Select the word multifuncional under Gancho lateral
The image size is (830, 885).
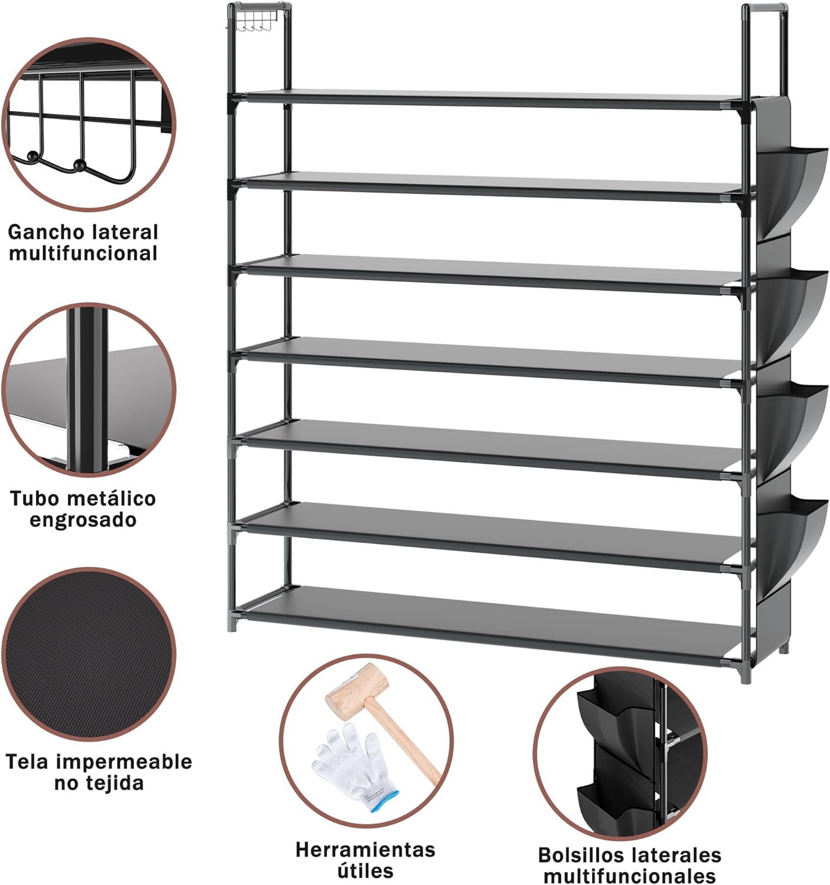coord(83,253)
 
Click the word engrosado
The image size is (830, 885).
coord(83,520)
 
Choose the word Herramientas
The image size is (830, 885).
coord(365,850)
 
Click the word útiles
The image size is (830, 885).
coord(365,871)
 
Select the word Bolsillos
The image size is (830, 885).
coord(581,855)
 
